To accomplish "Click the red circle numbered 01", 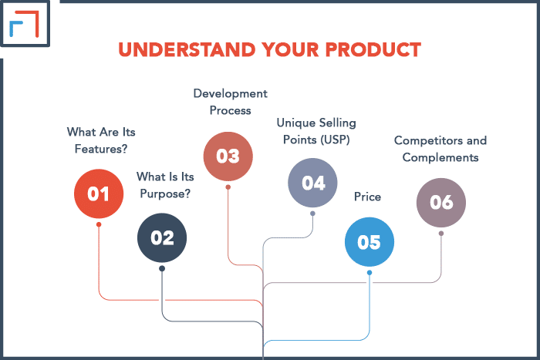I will coord(99,193).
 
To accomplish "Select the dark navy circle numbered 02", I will coord(162,237).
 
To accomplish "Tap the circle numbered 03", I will coord(228,156).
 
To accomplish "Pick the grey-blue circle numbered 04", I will coord(312,183).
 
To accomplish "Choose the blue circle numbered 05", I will coord(369,242).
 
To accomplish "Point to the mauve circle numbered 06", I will coord(441,203).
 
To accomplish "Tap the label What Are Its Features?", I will coord(101,140).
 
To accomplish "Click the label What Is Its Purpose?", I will coord(164,186).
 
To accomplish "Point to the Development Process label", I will coord(231,102).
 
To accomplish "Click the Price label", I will coord(367,197).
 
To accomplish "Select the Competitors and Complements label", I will coord(440,149).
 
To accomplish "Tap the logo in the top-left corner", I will coord(25,25).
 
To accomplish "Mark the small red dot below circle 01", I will coord(99,224).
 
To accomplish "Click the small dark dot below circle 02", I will coord(162,268).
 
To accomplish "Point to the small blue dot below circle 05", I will coord(370,272).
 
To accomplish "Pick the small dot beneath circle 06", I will coord(441,234).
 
